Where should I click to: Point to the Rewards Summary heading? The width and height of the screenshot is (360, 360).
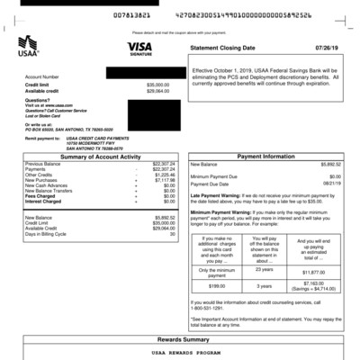point(182,339)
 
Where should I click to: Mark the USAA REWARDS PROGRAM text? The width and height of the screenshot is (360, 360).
point(180,354)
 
